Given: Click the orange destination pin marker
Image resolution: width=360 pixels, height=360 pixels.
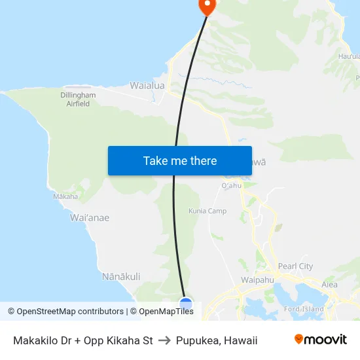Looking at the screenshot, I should (207, 6).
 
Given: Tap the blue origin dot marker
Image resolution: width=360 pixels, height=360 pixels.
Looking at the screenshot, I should (186, 304).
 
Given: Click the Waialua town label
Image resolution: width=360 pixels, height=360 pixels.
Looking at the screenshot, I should (147, 86).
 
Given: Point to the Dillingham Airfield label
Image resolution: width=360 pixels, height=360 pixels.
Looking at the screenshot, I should (78, 99).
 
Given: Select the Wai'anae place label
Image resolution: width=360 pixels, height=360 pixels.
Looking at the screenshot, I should (89, 218).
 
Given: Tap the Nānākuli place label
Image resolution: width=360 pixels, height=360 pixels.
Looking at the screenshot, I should (121, 277).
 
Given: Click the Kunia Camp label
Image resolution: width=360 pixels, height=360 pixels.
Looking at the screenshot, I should (207, 211).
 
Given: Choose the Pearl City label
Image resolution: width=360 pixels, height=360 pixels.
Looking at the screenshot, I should (295, 266).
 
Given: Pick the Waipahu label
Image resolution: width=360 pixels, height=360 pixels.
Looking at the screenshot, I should (257, 279).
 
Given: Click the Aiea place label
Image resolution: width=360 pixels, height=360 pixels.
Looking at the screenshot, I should (329, 284).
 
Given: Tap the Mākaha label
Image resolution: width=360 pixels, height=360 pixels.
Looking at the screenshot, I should (65, 196).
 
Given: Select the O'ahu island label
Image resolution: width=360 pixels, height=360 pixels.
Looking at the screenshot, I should (232, 185).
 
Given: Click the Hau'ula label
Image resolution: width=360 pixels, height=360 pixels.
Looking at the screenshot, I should (349, 57).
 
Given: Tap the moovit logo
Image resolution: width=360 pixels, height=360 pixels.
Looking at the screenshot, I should (321, 340).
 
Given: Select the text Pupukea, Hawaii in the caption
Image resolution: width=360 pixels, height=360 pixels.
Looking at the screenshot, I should (216, 340).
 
